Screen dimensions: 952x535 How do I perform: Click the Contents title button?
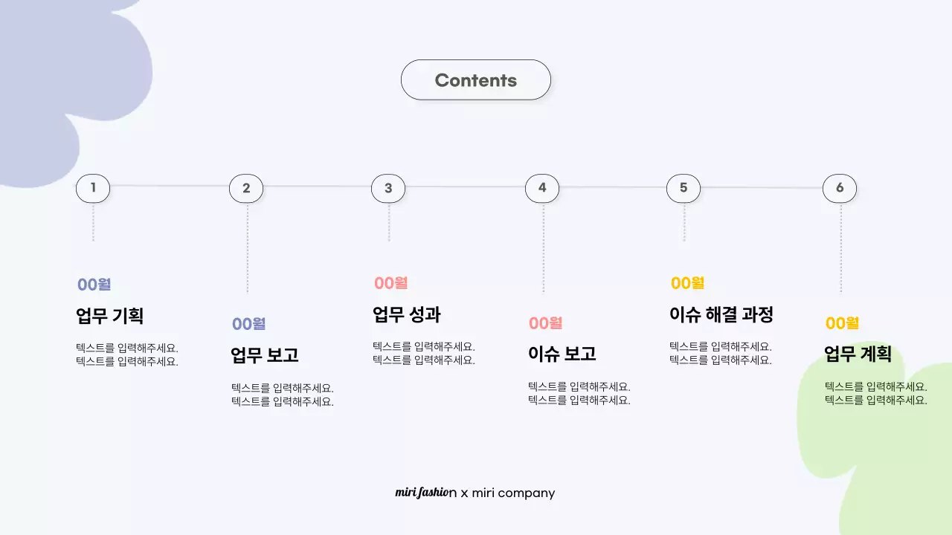476,80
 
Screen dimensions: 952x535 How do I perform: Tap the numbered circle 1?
93,188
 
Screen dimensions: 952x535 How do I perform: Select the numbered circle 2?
246,189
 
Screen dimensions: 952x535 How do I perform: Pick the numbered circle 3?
388,189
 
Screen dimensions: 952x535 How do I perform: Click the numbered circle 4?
542,188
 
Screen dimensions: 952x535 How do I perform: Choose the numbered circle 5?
684,188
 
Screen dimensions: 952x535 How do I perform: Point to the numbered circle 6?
840,188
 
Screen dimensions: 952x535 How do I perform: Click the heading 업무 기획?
110,316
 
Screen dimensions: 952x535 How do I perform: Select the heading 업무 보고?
265,355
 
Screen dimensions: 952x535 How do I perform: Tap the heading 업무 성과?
407,314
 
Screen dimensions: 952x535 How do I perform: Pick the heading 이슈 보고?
562,354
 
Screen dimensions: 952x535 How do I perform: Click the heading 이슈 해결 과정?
721,314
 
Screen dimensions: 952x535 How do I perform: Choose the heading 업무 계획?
858,354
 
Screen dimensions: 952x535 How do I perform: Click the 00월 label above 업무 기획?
94,285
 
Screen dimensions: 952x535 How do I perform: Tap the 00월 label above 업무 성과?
390,283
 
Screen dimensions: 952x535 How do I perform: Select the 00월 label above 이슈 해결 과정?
687,283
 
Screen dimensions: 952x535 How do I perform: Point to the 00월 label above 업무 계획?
842,323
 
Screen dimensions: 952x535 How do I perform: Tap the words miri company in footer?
513,493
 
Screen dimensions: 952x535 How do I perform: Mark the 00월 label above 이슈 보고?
545,323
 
